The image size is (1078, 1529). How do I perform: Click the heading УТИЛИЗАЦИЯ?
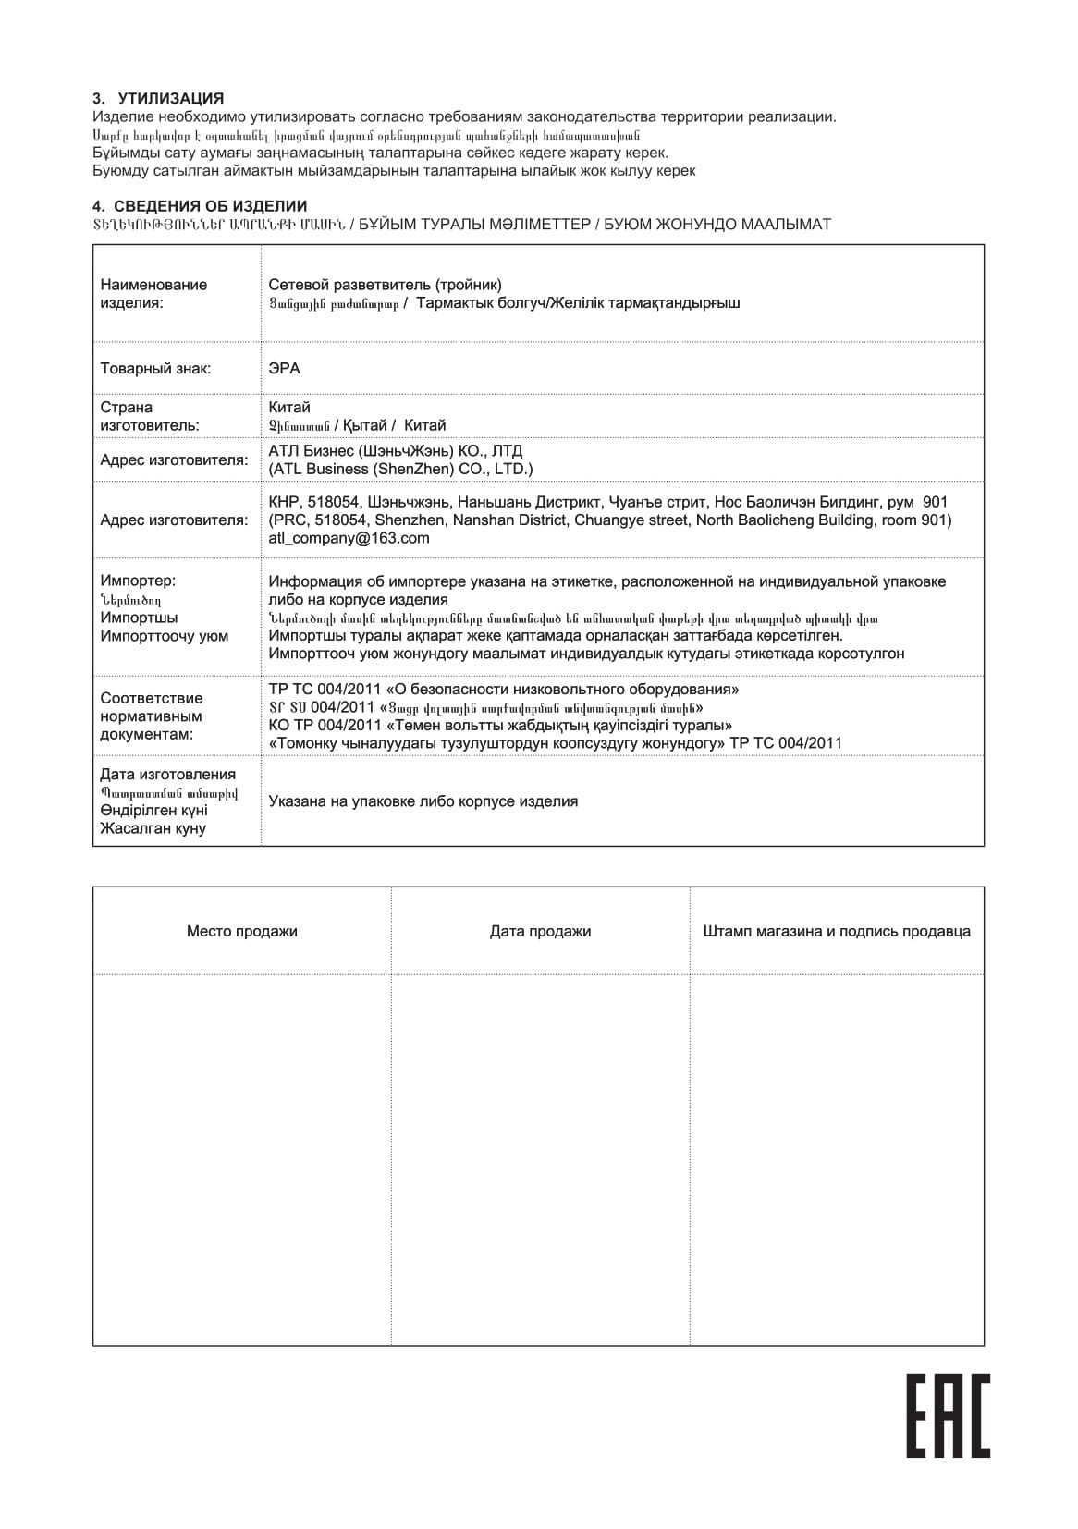(x=170, y=98)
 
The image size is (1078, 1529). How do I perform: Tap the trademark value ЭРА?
(x=284, y=369)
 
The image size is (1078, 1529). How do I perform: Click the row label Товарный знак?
(x=155, y=369)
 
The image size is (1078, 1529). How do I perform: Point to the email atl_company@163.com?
(x=349, y=538)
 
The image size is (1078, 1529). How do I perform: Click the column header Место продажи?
(x=241, y=931)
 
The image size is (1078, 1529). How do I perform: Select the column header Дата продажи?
(x=540, y=931)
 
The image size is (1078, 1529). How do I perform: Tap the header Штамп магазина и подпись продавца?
(x=837, y=931)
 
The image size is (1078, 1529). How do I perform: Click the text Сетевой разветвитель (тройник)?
(x=385, y=285)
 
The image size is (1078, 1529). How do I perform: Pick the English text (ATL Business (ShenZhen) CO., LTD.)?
(x=400, y=469)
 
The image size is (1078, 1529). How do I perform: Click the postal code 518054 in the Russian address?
(x=333, y=502)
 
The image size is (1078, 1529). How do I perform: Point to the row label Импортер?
(x=138, y=581)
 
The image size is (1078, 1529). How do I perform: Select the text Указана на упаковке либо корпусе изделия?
(x=423, y=801)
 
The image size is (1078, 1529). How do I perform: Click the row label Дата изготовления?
(x=167, y=775)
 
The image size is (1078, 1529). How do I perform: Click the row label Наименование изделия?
(x=153, y=293)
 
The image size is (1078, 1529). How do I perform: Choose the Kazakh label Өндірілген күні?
(x=153, y=811)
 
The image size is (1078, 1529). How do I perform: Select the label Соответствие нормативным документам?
(x=151, y=716)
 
